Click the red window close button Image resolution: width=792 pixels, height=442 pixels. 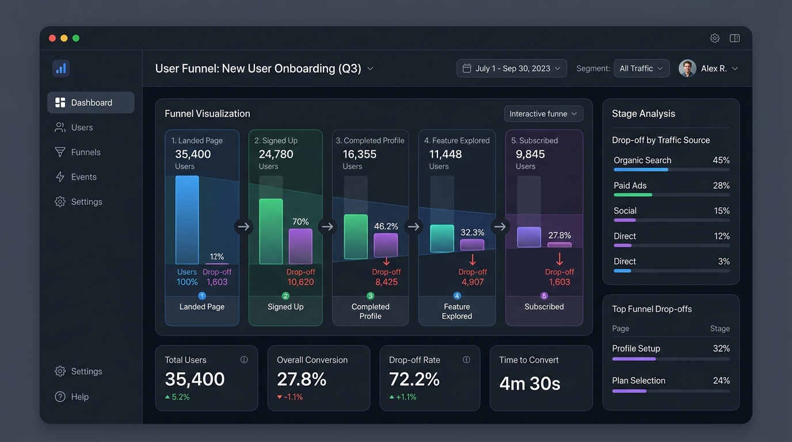click(x=52, y=38)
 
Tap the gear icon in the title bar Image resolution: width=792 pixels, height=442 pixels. click(x=714, y=38)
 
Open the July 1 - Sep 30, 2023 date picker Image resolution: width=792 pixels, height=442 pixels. click(x=512, y=68)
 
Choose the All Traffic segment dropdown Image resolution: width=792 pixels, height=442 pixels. click(x=641, y=68)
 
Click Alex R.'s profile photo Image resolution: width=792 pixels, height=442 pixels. click(x=687, y=68)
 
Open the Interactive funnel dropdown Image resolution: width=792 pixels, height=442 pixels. click(x=543, y=114)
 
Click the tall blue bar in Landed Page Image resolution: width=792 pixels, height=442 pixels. click(x=187, y=220)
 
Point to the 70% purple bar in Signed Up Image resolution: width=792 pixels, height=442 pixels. click(x=300, y=246)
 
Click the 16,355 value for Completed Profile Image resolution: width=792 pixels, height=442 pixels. click(x=360, y=154)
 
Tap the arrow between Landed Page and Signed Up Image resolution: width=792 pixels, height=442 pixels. click(x=243, y=226)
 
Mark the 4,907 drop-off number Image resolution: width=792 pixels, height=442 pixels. click(x=473, y=282)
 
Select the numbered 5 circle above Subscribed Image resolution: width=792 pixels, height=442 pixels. click(x=544, y=296)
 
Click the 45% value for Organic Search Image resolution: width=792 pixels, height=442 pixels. click(x=721, y=160)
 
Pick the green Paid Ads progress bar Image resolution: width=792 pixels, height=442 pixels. click(x=633, y=195)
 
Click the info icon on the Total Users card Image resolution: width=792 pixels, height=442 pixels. click(x=244, y=360)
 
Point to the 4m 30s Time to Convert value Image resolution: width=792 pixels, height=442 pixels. click(x=530, y=383)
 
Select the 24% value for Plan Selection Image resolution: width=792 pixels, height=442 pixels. click(x=721, y=380)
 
